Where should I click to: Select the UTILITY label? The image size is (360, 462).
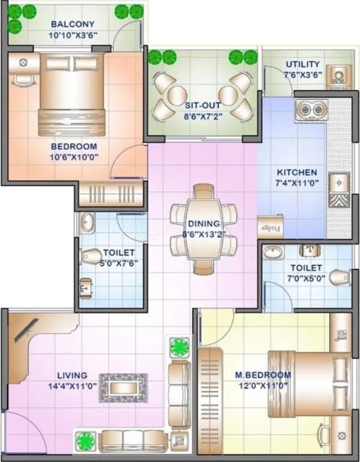[x=302, y=64]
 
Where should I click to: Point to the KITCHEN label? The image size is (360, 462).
[x=296, y=172]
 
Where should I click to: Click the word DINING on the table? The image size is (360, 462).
[x=203, y=224]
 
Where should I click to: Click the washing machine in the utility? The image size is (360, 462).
[x=338, y=76]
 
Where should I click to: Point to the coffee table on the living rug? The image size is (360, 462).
[x=123, y=388]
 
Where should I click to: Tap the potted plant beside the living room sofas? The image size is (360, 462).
[x=179, y=348]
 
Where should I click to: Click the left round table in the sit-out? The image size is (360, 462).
[x=178, y=94]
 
